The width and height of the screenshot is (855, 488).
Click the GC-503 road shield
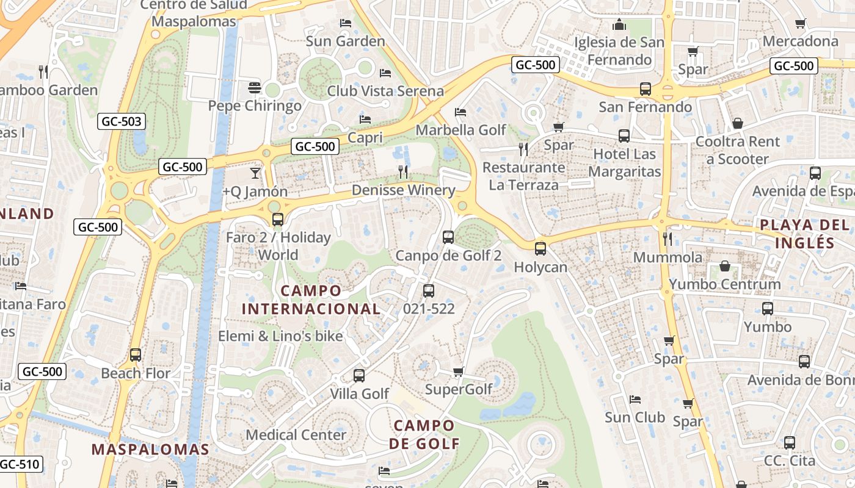[x=122, y=121]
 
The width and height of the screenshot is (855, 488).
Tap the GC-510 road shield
[x=19, y=464]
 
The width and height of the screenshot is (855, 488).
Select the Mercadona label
[x=801, y=41]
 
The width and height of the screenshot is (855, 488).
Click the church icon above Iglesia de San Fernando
[x=619, y=24]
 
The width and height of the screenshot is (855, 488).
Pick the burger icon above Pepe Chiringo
[x=255, y=88]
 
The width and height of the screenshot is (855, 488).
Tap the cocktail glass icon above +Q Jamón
[x=255, y=173]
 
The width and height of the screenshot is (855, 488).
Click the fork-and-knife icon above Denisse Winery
[x=403, y=171]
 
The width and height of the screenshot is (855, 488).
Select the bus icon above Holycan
[x=540, y=248]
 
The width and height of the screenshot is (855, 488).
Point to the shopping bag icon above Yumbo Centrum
[x=724, y=266]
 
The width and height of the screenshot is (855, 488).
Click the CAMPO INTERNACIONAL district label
[x=311, y=300]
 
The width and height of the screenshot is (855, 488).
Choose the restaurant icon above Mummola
[x=668, y=239]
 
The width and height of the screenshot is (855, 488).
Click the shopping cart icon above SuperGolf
[x=459, y=371]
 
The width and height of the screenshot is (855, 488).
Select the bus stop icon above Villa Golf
[x=359, y=375]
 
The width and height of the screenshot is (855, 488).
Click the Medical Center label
[x=296, y=435]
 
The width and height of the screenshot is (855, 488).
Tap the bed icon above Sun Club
[x=635, y=400]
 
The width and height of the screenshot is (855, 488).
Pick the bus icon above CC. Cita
[x=790, y=442]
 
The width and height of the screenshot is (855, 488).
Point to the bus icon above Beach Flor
[x=136, y=354]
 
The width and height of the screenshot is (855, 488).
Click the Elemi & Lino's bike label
[x=280, y=336]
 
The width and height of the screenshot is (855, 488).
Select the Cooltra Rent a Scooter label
[x=738, y=150]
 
